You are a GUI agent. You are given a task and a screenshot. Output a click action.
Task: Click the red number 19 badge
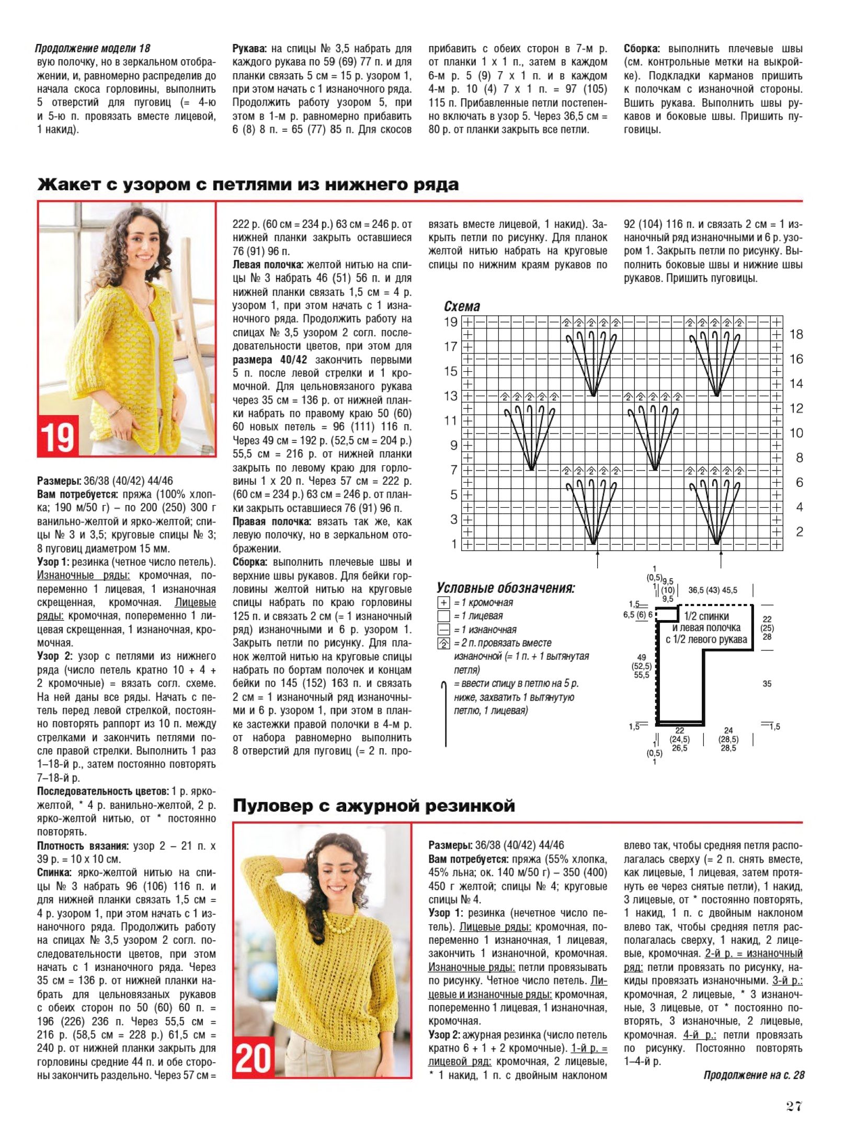point(58,436)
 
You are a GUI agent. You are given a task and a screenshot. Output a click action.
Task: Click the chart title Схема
point(462,306)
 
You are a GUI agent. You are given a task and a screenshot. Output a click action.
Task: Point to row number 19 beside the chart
point(451,322)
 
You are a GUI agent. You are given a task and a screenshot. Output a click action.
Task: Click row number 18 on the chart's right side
point(796,334)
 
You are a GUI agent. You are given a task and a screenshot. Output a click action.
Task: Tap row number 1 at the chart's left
point(454,544)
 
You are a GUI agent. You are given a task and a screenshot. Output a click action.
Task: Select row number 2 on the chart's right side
point(799,532)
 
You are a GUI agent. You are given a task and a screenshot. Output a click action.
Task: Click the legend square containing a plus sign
point(443,603)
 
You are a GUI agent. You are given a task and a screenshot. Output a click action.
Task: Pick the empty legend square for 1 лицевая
point(443,616)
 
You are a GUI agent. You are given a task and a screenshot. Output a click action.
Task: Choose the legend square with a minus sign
point(443,630)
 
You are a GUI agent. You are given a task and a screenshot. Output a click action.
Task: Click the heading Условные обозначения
point(506,588)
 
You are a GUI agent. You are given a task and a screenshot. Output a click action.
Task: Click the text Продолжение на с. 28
point(754,1075)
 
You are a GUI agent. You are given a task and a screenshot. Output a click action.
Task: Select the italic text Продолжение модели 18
point(93,49)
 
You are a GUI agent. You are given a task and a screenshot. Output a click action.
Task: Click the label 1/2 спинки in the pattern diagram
point(706,616)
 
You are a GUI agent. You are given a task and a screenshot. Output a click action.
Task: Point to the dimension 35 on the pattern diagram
point(767,683)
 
